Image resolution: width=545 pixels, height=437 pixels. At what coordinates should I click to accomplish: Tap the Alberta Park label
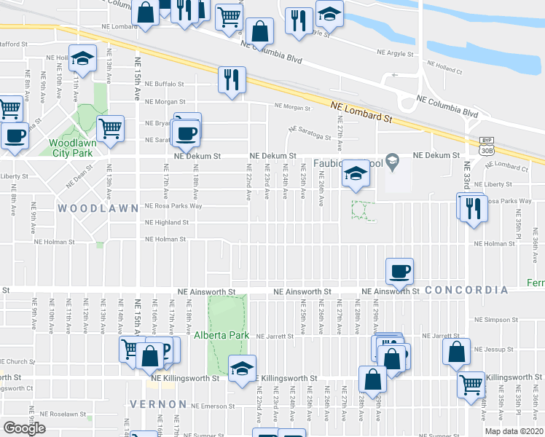(x=222, y=336)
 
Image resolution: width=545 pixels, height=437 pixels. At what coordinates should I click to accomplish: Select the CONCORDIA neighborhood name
(x=466, y=290)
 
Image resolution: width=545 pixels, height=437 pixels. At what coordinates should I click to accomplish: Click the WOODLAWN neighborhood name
(x=98, y=208)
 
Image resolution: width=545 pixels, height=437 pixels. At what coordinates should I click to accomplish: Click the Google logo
(x=24, y=428)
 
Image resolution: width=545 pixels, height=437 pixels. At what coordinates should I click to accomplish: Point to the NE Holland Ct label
(x=444, y=71)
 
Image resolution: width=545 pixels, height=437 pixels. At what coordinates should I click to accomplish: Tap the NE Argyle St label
(x=395, y=53)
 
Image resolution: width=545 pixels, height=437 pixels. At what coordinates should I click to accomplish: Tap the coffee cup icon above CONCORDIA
(x=399, y=272)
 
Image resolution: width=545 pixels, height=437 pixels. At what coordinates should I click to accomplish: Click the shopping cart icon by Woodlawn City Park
(x=111, y=128)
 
